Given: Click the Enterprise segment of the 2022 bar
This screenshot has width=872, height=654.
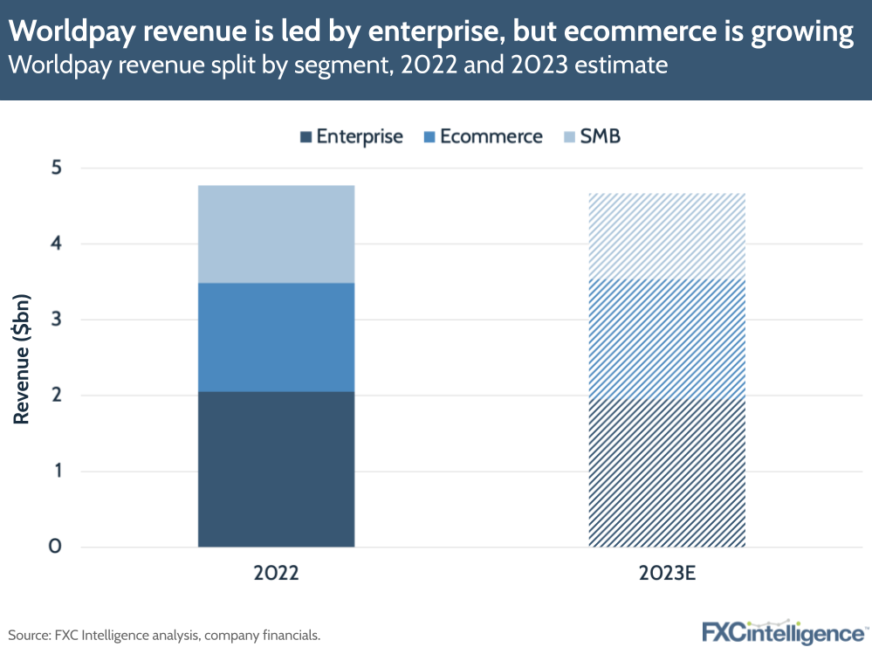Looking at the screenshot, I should pyautogui.click(x=276, y=469).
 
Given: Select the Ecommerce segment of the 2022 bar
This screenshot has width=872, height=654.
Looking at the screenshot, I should pyautogui.click(x=276, y=337).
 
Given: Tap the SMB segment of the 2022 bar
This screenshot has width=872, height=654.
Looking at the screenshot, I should pyautogui.click(x=276, y=234).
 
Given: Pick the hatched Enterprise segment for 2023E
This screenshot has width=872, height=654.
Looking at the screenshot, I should pyautogui.click(x=667, y=473).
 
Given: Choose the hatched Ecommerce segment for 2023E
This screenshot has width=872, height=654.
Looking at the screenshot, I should pyautogui.click(x=667, y=340).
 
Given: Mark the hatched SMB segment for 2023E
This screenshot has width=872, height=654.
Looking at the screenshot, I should pyautogui.click(x=667, y=236).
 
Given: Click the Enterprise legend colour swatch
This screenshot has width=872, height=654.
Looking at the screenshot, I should pyautogui.click(x=305, y=137).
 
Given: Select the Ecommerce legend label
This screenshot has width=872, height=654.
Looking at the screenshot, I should pyautogui.click(x=491, y=137).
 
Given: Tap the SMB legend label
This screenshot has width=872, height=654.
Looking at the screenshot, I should pyautogui.click(x=600, y=137).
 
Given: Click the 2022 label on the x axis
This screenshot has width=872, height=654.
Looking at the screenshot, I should pyautogui.click(x=276, y=575).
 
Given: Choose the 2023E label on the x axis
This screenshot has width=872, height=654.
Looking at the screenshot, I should pyautogui.click(x=667, y=575).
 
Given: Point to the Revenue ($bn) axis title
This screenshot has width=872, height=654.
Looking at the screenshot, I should pyautogui.click(x=22, y=358).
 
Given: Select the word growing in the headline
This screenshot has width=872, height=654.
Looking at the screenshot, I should pyautogui.click(x=796, y=32).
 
